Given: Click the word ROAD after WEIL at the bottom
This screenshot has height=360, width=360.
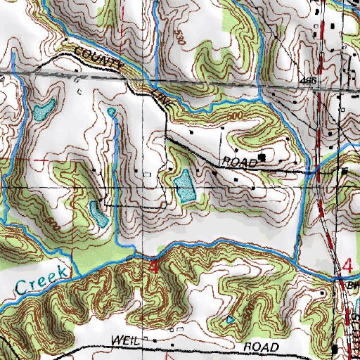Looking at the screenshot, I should (263, 347).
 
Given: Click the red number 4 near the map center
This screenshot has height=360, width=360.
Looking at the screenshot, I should (154, 268).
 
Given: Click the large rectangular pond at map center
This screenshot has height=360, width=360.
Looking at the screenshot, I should (184, 184).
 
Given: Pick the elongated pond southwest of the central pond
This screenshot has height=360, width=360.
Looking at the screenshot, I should (98, 213).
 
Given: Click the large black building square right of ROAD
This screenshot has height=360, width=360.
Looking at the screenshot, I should (263, 157).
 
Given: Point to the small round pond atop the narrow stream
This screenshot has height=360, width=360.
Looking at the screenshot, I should (111, 112).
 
